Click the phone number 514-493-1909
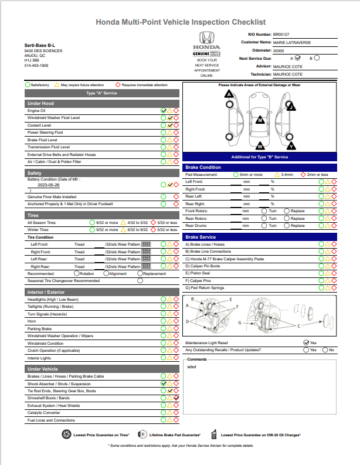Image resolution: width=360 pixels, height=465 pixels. click(x=36, y=66)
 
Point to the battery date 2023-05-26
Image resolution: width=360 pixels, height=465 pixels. click(x=48, y=184)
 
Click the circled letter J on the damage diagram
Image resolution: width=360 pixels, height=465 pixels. click(x=290, y=107)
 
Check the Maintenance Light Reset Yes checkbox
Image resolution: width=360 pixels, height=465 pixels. click(x=306, y=342)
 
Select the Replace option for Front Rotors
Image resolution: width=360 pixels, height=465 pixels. click(x=287, y=211)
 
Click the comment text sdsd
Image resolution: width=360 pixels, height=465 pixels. click(x=192, y=366)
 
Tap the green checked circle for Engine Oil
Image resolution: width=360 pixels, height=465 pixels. click(x=164, y=110)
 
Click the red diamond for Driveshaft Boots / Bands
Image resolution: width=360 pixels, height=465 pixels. click(x=176, y=398)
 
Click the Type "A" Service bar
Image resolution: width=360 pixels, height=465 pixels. click(x=102, y=93)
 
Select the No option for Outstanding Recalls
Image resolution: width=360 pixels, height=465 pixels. click(x=324, y=350)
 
